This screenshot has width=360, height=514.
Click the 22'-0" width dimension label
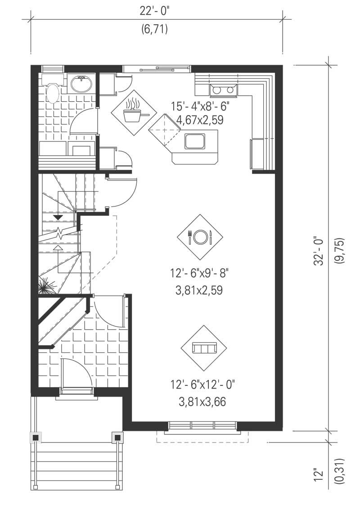[x=155, y=12]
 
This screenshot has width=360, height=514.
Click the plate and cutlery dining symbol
[x=201, y=236]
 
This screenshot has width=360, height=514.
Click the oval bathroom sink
[x=82, y=83]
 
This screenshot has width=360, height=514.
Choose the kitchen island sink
[x=195, y=141]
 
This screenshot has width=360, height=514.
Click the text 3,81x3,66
[x=202, y=402]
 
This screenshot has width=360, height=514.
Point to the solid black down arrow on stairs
[x=58, y=218]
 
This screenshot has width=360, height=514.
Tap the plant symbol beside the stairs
[x=46, y=285]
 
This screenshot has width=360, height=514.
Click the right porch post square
[x=117, y=437]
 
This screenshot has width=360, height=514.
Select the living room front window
[x=202, y=425]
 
